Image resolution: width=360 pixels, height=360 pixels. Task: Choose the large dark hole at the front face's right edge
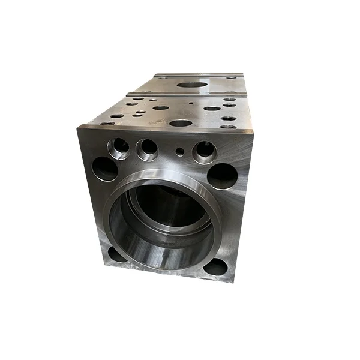[222, 176]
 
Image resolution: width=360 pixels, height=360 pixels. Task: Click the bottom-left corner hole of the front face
[118, 254]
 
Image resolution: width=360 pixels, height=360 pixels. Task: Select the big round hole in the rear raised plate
[190, 85]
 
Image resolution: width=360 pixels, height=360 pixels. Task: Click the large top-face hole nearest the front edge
[180, 123]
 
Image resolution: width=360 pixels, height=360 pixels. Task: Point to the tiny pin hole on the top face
[191, 103]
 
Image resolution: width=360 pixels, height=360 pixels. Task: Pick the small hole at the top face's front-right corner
[228, 127]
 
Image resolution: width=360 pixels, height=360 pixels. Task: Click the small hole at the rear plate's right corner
[230, 77]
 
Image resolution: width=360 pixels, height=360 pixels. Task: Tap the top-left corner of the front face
[80, 127]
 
